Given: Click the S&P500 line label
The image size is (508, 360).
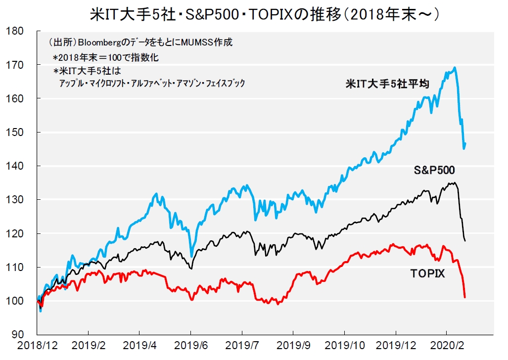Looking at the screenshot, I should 434,170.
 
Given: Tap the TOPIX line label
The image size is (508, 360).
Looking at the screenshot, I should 427,273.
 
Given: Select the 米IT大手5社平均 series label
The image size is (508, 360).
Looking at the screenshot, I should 387,84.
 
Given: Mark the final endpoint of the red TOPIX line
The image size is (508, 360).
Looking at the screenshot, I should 465,297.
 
